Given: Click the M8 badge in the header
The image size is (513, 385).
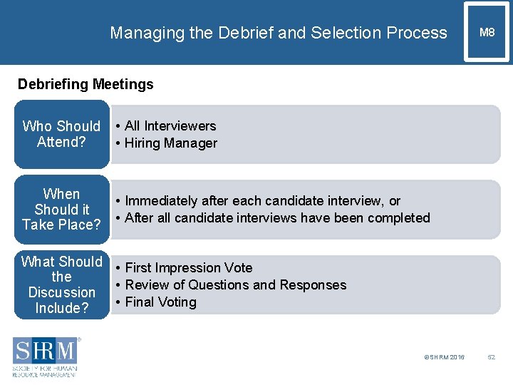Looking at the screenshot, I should [487, 32].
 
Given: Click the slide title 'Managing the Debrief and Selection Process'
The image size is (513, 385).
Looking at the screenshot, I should [279, 33].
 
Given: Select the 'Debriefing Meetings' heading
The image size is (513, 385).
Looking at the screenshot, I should [85, 84].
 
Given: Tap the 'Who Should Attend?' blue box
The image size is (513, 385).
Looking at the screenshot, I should [61, 134].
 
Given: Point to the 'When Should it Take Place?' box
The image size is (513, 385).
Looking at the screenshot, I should [61, 210].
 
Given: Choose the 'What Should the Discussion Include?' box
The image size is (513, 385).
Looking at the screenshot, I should [61, 284].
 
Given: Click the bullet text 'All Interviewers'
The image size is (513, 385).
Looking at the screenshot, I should [170, 126].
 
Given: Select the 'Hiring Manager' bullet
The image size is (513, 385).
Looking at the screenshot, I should [170, 143].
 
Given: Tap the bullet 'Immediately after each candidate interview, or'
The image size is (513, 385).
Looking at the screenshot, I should [262, 201].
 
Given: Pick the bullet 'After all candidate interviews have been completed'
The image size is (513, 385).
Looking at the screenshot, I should [277, 218].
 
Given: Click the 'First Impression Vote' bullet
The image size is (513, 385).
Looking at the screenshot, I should [188, 268].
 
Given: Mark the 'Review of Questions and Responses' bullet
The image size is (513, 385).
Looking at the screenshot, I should [235, 285].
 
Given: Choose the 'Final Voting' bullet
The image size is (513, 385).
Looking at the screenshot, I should [160, 302].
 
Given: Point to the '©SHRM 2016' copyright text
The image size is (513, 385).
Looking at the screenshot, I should [444, 356].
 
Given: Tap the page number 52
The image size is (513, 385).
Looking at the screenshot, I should [490, 356].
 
